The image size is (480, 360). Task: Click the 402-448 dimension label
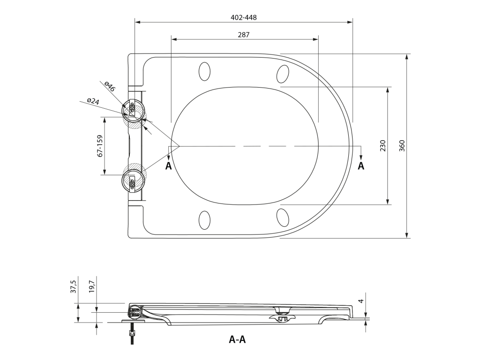[x=243, y=17]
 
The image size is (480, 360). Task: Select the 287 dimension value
[x=244, y=35]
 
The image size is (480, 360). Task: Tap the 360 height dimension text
[x=402, y=146]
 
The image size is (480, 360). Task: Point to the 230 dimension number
[x=382, y=146]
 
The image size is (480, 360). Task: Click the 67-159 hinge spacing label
[x=100, y=146]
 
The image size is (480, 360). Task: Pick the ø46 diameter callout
[x=110, y=87]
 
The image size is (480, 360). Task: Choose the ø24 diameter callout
[x=93, y=101]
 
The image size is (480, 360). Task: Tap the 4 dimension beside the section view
[x=361, y=301]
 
